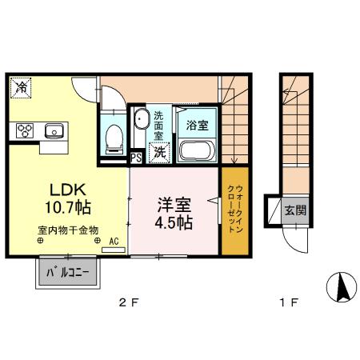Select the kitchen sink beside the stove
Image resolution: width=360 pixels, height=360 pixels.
click(54, 130)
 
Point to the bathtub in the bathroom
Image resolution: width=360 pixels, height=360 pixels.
click(198, 150)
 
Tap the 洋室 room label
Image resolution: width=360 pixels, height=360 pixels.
click(173, 203)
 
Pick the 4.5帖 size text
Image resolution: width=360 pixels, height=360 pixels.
click(174, 222)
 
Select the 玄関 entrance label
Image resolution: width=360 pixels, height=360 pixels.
click(294, 210)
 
